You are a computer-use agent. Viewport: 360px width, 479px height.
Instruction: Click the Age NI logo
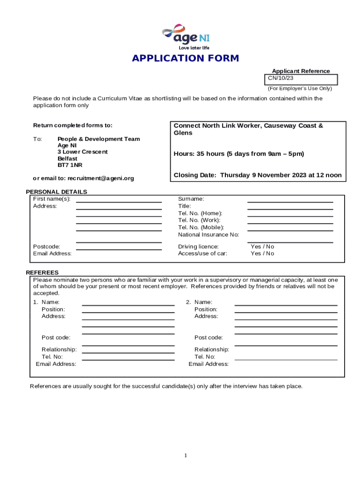point(186,36)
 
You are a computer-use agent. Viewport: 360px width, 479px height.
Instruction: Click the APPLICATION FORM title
point(185,58)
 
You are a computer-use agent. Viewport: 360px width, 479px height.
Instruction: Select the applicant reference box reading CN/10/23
point(301,79)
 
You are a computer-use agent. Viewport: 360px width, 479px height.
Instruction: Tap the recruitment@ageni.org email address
point(101,178)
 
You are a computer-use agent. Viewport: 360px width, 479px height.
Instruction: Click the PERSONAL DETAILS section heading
point(56,192)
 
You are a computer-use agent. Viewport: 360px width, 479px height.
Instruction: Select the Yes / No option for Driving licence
point(262,247)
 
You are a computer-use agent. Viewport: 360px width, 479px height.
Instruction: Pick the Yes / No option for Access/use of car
point(262,254)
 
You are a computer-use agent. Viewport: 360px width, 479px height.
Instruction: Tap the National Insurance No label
point(209,235)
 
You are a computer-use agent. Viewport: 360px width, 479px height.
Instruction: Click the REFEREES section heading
point(42,273)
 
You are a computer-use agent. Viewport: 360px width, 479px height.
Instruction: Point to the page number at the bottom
point(186,456)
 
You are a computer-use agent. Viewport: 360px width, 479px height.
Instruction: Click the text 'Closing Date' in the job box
point(195,175)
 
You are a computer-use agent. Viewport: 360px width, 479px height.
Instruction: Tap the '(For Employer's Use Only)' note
point(300,88)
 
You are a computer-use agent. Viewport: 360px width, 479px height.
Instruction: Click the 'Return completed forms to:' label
point(72,125)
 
